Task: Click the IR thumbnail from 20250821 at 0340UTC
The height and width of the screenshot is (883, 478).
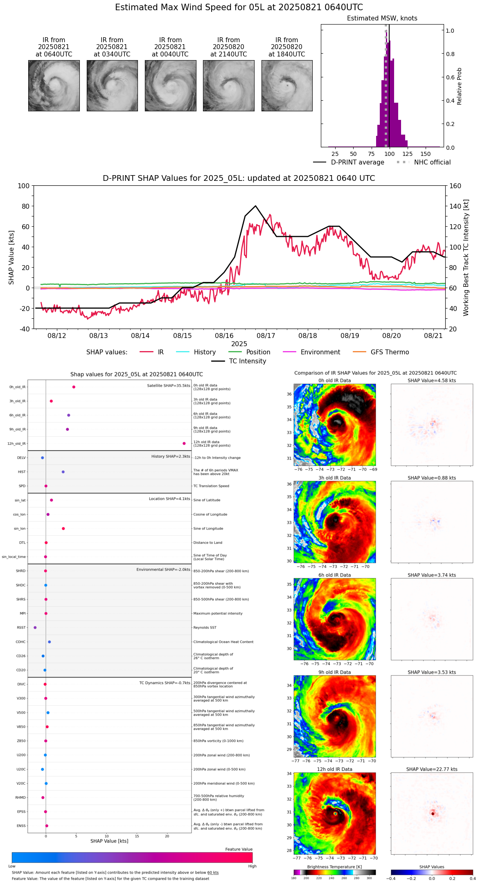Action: pyautogui.click(x=112, y=86)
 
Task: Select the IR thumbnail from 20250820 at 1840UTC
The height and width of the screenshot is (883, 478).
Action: pyautogui.click(x=287, y=86)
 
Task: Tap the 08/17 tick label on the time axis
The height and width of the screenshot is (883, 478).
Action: pyautogui.click(x=266, y=336)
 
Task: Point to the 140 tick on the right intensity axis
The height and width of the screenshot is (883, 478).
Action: pyautogui.click(x=455, y=206)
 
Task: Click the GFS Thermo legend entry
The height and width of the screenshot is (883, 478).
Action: pyautogui.click(x=390, y=352)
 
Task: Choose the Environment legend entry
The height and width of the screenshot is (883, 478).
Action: pyautogui.click(x=320, y=352)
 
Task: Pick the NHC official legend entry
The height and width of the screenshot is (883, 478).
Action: pyautogui.click(x=432, y=162)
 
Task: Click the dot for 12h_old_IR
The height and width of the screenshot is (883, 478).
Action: pyautogui.click(x=184, y=444)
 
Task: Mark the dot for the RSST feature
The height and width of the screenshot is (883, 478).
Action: pyautogui.click(x=35, y=627)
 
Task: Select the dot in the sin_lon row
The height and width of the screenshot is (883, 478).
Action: pyautogui.click(x=63, y=529)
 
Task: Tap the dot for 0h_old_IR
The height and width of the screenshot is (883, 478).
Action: pyautogui.click(x=74, y=387)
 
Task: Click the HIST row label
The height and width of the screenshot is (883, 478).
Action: pyautogui.click(x=22, y=472)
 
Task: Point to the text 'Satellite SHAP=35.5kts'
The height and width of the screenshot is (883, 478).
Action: pyautogui.click(x=169, y=385)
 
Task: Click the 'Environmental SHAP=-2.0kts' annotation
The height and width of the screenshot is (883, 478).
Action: pyautogui.click(x=163, y=570)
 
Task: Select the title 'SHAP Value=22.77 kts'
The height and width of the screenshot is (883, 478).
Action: pyautogui.click(x=432, y=769)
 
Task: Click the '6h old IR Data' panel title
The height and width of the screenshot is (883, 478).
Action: pyautogui.click(x=334, y=575)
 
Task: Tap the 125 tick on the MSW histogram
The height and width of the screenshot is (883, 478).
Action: pyautogui.click(x=407, y=154)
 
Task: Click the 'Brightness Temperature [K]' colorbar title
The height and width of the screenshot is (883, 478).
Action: pyautogui.click(x=334, y=867)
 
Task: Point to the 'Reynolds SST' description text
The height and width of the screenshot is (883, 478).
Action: pyautogui.click(x=205, y=627)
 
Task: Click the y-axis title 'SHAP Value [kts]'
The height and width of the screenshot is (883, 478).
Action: pyautogui.click(x=11, y=257)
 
